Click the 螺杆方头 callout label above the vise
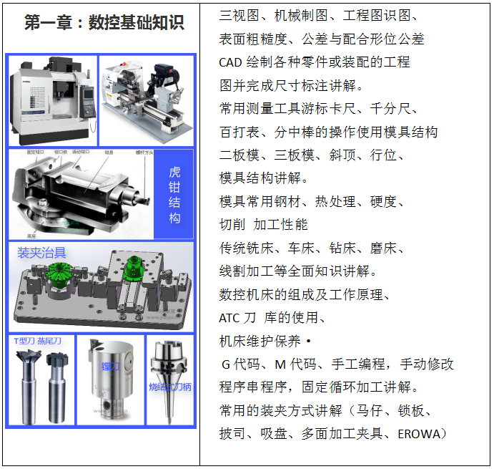pyautogui.click(x=144, y=153)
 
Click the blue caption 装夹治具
pyautogui.click(x=41, y=252)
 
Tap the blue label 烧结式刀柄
pyautogui.click(x=170, y=387)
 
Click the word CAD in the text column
pyautogui.click(x=231, y=62)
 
